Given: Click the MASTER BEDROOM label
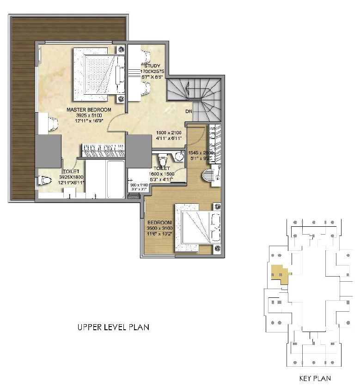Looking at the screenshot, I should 89,109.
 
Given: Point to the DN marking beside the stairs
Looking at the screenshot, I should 189,111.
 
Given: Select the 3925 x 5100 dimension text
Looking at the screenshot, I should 89,115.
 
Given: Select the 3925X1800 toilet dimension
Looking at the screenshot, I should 71,177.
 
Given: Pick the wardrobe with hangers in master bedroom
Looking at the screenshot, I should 104,149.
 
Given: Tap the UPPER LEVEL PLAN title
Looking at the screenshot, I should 113,327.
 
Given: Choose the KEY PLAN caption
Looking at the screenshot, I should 315,379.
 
